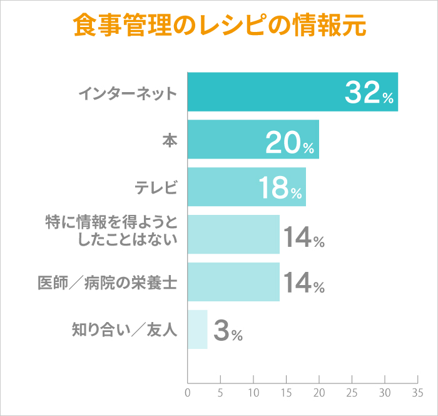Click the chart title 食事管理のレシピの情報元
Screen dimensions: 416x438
coord(219,26)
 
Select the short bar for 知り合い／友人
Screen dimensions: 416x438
coord(197,330)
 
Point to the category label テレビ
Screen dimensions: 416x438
coord(156,187)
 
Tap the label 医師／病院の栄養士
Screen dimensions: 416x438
coord(108,283)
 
